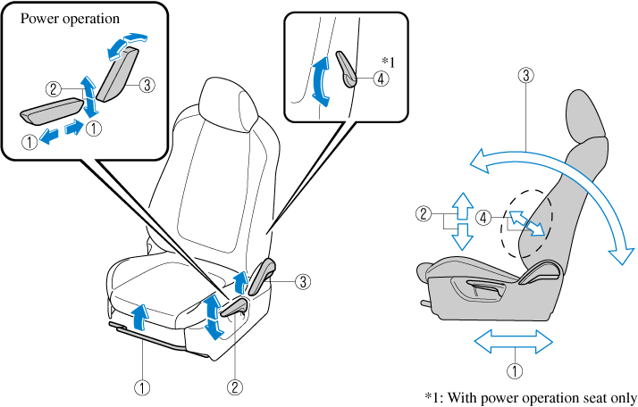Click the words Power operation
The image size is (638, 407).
tap(70, 18)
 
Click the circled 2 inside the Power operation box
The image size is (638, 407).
tap(55, 89)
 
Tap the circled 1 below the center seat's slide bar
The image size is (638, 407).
tap(142, 387)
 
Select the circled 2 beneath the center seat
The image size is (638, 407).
tap(234, 387)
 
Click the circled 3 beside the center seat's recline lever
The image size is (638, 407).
tap(303, 281)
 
